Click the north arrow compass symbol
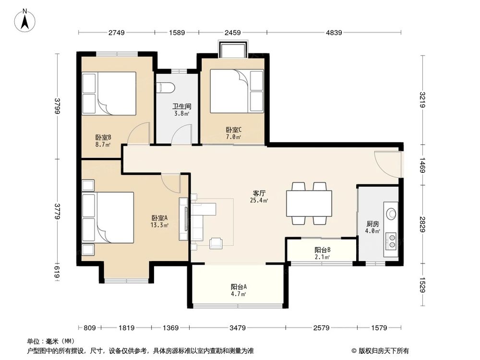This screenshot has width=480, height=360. (x=25, y=21)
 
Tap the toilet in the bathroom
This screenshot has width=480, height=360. (x=165, y=87)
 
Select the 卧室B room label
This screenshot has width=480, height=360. (x=103, y=138)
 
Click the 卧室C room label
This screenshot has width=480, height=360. (x=234, y=130)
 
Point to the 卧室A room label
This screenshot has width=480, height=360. (x=160, y=218)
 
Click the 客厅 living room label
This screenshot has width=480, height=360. (x=259, y=193)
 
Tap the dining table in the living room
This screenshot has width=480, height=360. (x=309, y=204)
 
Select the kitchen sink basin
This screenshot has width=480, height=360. (x=391, y=214)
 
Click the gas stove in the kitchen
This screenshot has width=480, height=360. (x=391, y=240)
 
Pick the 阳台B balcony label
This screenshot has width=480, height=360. (x=323, y=250)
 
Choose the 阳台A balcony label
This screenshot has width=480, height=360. (x=239, y=287)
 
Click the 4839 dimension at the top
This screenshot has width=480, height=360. (x=334, y=33)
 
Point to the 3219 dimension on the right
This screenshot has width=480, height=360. (x=422, y=100)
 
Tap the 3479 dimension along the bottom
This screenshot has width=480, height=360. (x=238, y=328)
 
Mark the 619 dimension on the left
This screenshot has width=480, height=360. (x=57, y=272)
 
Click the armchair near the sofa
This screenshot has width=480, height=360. (x=216, y=243)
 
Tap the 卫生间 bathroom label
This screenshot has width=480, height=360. (x=181, y=106)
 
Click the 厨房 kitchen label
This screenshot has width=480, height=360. (x=372, y=224)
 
